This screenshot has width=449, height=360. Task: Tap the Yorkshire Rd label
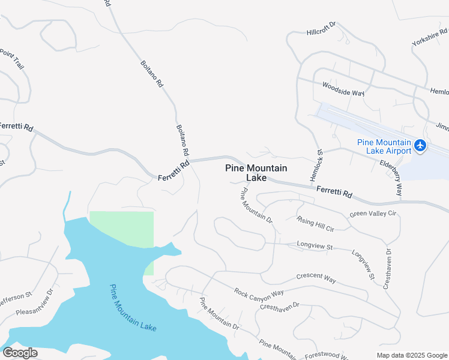click(x=430, y=35)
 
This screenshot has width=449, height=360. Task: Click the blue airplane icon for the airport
click(x=420, y=145)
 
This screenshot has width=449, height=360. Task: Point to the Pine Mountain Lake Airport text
click(x=384, y=146)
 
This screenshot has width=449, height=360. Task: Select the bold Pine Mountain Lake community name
click(x=256, y=173)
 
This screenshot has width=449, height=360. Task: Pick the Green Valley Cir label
click(x=374, y=214)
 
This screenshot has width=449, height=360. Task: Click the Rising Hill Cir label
click(x=315, y=223)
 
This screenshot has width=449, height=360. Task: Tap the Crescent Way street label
click(x=316, y=278)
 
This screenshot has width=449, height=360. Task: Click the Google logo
click(x=20, y=353)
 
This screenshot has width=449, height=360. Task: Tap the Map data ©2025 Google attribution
click(x=412, y=355)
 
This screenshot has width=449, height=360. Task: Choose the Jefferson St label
click(x=14, y=298)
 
